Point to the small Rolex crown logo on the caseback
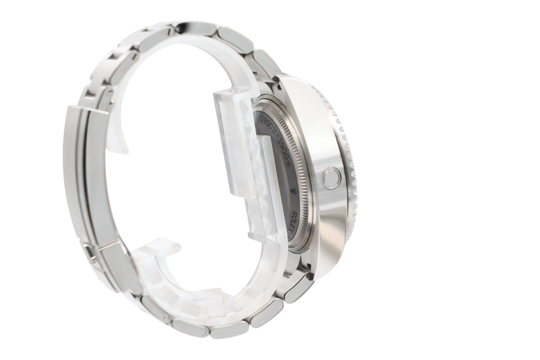[x=294, y=192]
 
